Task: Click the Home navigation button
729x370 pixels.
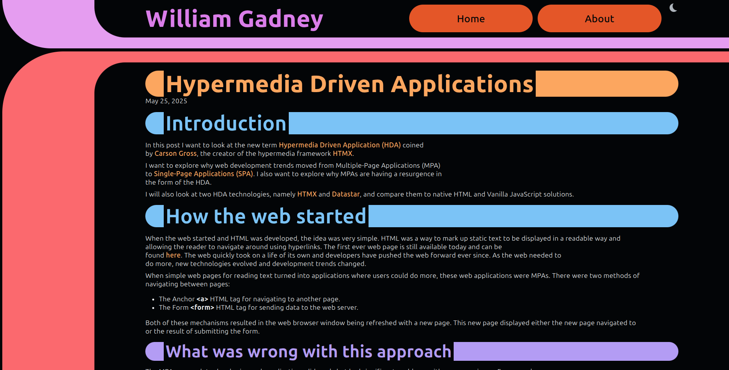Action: [x=471, y=18]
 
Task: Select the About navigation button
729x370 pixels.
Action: [x=599, y=18]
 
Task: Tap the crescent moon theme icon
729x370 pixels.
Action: [x=673, y=8]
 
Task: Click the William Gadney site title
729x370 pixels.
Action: [x=234, y=19]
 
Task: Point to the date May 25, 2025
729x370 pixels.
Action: [x=166, y=101]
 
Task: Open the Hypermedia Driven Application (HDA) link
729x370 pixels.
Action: [x=339, y=145]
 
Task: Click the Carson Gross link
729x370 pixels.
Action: [x=175, y=154]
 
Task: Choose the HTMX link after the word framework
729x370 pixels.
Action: [x=342, y=154]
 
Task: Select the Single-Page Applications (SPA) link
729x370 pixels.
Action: [x=203, y=174]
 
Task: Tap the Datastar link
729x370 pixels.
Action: [x=346, y=194]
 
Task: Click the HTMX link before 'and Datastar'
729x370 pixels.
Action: [x=307, y=194]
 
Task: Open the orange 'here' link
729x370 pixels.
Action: [x=173, y=255]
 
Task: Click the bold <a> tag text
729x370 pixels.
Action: [x=202, y=299]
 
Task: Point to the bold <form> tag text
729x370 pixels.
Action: [x=202, y=307]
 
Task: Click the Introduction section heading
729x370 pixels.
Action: [x=226, y=124]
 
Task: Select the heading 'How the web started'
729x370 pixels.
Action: [x=266, y=216]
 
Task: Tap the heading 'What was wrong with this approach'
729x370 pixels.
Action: [x=308, y=352]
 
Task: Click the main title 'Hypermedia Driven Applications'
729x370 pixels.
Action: [x=349, y=84]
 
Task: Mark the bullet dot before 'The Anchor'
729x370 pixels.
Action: [x=153, y=299]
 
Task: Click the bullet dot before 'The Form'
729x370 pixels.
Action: [x=153, y=308]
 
